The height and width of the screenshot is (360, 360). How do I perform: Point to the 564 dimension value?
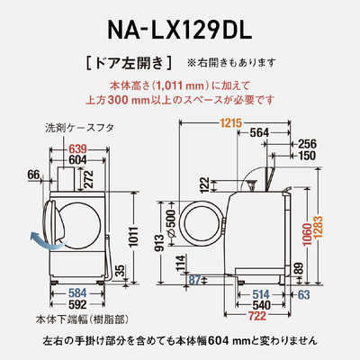(x=259, y=131)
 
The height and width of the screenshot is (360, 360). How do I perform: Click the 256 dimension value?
(x=308, y=143)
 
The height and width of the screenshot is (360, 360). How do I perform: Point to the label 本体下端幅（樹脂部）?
(x=68, y=319)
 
